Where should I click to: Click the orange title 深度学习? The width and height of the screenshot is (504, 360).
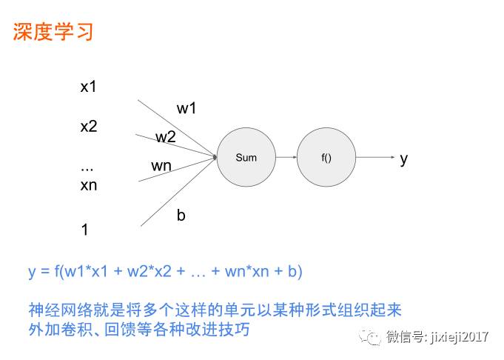tap(53, 33)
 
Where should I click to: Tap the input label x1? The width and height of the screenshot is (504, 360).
tap(89, 87)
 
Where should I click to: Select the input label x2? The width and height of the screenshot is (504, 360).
tap(89, 126)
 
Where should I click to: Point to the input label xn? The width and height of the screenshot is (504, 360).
tap(89, 185)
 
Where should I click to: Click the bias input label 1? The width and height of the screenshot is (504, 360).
tap(84, 230)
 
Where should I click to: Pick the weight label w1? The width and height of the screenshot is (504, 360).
tap(187, 108)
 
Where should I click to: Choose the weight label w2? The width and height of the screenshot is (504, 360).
tap(166, 137)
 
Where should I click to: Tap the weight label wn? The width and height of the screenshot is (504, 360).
tap(161, 166)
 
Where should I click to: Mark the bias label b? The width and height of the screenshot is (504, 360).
tap(181, 216)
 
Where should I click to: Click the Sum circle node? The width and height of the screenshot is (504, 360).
tap(246, 157)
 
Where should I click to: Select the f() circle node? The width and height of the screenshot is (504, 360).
tap(326, 157)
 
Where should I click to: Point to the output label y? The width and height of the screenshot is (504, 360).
tap(403, 159)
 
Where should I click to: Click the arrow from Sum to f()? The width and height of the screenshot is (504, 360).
tap(286, 157)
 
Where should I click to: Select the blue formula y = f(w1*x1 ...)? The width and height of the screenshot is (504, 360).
tap(166, 271)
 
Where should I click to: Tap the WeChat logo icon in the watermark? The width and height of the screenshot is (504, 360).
tap(371, 338)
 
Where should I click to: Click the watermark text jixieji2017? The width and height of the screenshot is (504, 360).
tap(461, 338)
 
